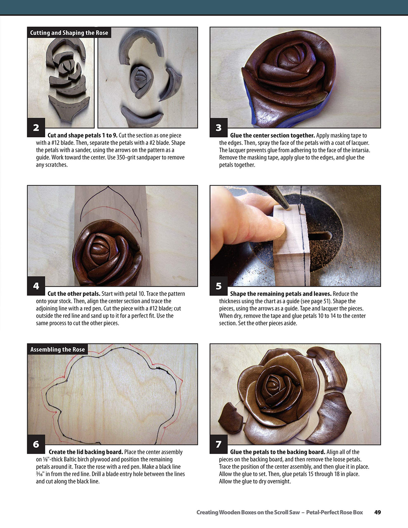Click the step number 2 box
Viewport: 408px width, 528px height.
(36, 127)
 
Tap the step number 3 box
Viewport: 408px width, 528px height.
(218, 127)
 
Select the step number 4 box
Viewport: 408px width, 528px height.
(36, 286)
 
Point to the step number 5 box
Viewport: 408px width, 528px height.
(218, 286)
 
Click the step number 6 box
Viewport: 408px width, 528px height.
(36, 444)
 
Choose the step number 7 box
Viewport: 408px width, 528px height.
(218, 444)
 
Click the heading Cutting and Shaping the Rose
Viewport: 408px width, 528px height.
(69, 33)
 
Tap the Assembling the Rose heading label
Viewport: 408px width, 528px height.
(57, 349)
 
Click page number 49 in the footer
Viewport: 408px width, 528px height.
(377, 512)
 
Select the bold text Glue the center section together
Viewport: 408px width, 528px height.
(272, 135)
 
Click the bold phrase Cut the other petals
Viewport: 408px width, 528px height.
(74, 294)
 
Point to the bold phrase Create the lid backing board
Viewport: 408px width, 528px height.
(86, 452)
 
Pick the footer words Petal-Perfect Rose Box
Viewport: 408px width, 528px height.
(334, 512)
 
